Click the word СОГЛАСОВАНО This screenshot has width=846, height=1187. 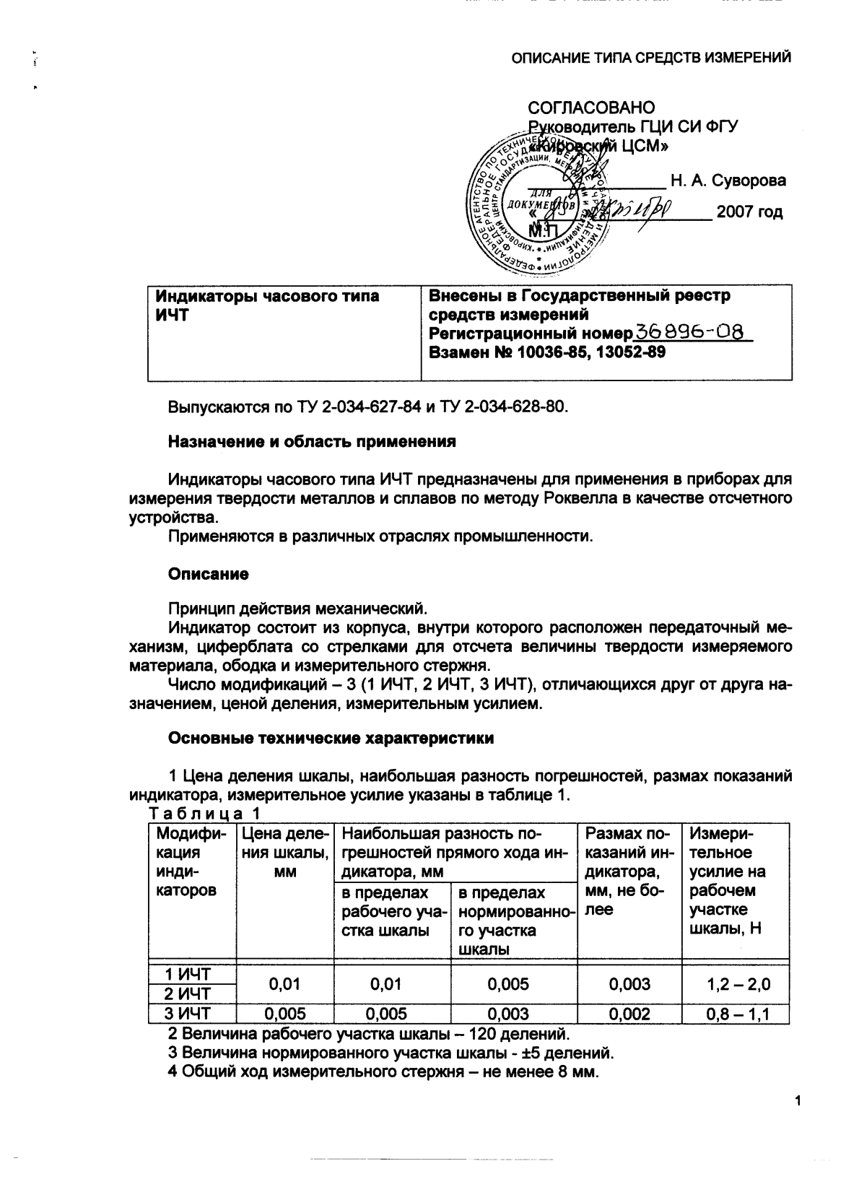coord(591,108)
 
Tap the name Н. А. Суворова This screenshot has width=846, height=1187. coord(728,181)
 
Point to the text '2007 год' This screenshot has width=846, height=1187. coord(749,213)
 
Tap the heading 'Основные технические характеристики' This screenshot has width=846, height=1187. coord(331,738)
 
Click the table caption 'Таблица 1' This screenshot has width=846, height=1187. coord(204,814)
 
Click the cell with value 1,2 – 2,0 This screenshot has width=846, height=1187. coord(738,983)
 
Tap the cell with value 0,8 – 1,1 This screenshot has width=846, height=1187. coord(738,1014)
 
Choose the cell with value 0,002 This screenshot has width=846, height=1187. coord(629,1014)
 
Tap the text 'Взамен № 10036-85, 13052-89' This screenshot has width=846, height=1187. coord(547,352)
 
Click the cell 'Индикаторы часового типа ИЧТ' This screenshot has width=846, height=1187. coord(268,305)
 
